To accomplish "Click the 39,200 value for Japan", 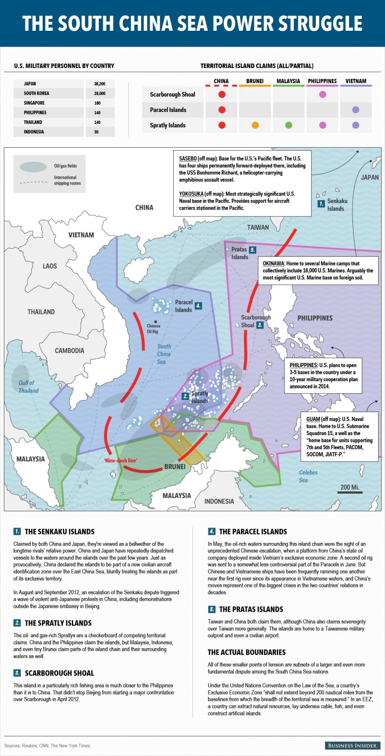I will (x=100, y=84).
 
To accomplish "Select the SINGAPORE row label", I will (x=34, y=103).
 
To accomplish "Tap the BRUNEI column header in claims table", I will (x=255, y=81).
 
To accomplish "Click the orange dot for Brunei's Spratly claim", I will (x=255, y=125).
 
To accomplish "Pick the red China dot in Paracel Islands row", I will (x=222, y=110).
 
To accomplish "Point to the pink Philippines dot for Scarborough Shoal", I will (x=323, y=95).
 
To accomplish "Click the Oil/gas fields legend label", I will (x=65, y=166).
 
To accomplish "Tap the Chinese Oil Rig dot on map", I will (x=155, y=322).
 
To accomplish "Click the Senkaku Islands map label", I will (x=337, y=205).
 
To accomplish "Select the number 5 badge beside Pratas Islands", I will (x=252, y=250).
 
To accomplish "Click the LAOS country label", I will (x=50, y=266).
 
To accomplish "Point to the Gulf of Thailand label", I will (x=28, y=387).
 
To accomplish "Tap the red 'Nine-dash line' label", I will (x=121, y=460).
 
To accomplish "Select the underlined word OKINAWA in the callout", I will (x=273, y=264).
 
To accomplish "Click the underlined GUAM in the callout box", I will (x=313, y=419).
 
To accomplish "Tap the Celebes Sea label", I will (x=308, y=476).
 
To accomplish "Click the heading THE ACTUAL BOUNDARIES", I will (x=246, y=652).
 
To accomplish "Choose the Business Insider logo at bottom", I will (x=352, y=745).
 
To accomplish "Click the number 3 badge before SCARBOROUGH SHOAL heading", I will (x=17, y=673).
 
